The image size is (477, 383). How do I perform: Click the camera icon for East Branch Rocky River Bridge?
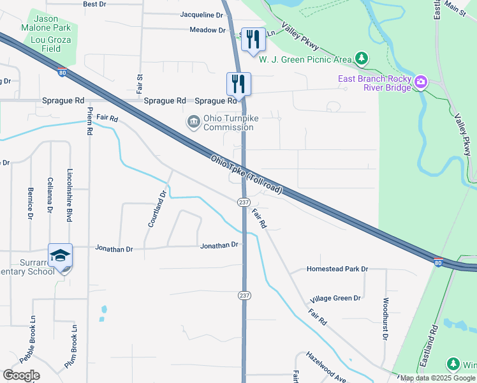[x=420, y=81]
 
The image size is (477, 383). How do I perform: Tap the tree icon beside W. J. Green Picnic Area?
[x=362, y=59]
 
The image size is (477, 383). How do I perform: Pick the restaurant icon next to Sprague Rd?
[x=238, y=83]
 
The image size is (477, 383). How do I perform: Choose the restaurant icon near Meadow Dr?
[x=253, y=40]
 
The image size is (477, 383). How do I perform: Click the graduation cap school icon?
[x=61, y=255]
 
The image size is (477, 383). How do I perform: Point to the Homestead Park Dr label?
[x=337, y=269]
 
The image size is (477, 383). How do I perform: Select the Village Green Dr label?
[x=335, y=299]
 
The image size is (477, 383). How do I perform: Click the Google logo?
[x=21, y=375]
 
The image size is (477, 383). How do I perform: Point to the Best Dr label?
[x=94, y=4]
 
